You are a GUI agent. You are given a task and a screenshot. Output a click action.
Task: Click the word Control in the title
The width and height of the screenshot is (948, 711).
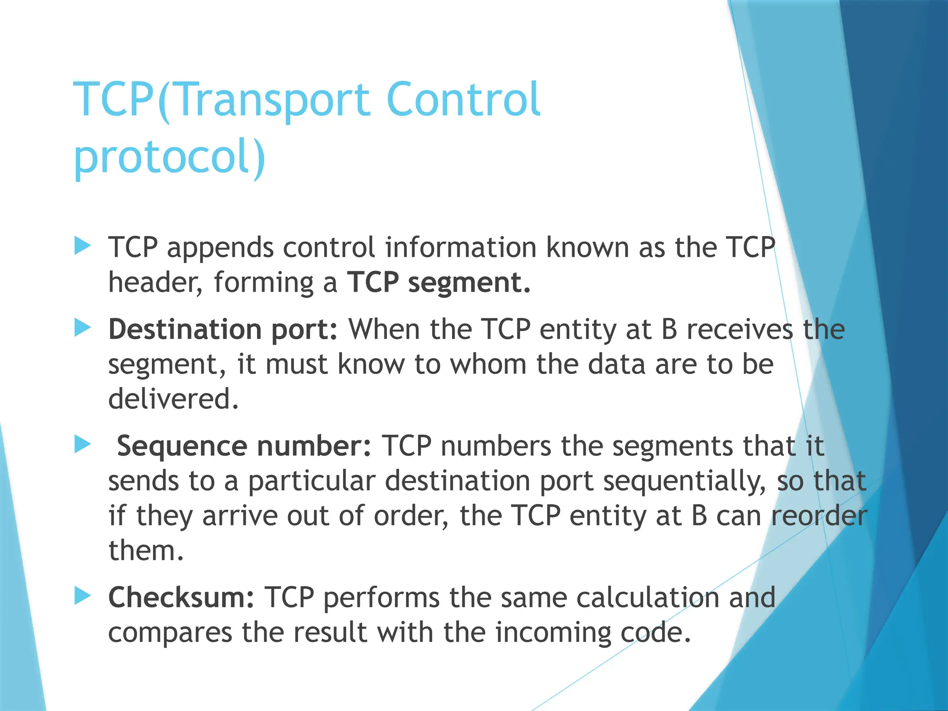[463, 100]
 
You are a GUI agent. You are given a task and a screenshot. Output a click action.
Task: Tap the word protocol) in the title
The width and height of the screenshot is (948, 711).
[169, 157]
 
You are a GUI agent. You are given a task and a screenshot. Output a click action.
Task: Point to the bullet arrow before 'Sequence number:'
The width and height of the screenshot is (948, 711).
[82, 445]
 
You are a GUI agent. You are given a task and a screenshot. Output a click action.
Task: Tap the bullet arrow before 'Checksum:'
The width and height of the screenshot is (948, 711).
[82, 596]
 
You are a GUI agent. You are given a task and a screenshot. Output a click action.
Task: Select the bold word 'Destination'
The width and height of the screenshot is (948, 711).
[185, 329]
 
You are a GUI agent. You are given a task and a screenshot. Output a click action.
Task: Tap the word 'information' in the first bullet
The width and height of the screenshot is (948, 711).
[461, 247]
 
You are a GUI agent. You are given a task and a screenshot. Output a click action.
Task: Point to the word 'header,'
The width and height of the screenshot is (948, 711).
[156, 282]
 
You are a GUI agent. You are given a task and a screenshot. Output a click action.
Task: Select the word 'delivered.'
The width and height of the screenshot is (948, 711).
[174, 399]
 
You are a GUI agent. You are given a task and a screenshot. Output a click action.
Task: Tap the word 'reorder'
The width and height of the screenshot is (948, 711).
[819, 516]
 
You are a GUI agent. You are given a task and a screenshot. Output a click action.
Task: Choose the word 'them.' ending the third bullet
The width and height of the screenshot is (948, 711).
[146, 550]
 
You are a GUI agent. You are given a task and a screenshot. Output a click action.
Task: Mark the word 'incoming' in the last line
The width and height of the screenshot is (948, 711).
[553, 632]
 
